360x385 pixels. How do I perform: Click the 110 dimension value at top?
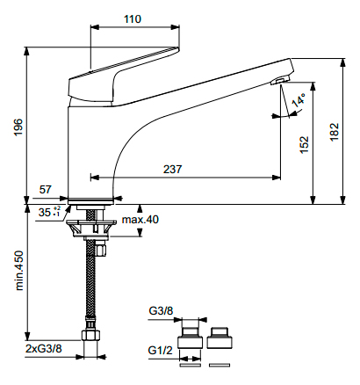(x=133, y=19)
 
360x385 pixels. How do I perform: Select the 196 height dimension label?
(x=18, y=127)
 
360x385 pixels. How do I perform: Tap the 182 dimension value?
(x=335, y=132)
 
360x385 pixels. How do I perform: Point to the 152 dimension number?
(x=304, y=144)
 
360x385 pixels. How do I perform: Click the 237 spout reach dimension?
(x=172, y=169)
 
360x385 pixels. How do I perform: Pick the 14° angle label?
(x=299, y=100)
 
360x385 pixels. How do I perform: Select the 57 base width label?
(x=46, y=190)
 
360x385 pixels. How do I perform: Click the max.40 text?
(x=140, y=219)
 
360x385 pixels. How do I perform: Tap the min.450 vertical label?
(x=19, y=270)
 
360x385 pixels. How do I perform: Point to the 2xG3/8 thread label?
(x=44, y=349)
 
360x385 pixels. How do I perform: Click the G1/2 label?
(x=161, y=350)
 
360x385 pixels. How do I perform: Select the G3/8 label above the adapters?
(x=161, y=310)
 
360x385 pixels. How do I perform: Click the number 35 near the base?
(x=44, y=212)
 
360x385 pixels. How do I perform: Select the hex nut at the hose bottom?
(x=91, y=335)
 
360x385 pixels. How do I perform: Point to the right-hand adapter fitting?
(x=220, y=338)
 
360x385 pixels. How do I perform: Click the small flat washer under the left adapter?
(x=190, y=365)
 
